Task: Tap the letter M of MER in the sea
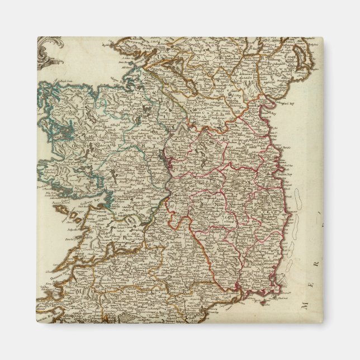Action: coord(305,305)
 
